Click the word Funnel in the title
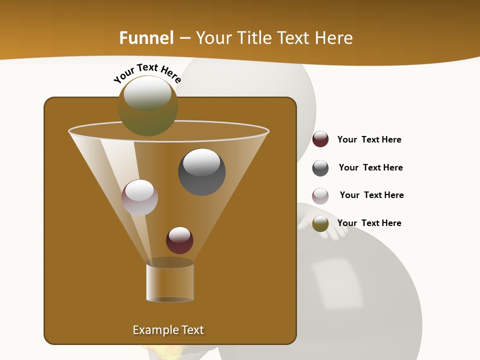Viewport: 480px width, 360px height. tap(146, 38)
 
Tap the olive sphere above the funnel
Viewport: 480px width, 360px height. tap(147, 106)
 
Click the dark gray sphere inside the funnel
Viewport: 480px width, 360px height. tap(201, 171)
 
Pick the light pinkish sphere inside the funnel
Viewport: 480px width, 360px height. tap(139, 197)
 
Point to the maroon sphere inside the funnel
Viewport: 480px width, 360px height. tap(179, 240)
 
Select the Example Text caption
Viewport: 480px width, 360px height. tap(168, 330)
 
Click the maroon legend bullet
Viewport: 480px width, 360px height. tap(320, 139)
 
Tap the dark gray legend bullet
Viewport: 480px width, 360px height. tap(320, 168)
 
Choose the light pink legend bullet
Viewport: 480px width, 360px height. tap(320, 196)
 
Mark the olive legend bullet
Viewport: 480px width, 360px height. tap(320, 223)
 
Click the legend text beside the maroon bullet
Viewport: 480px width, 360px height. tap(369, 140)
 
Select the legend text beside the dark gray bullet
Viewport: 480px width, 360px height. tap(370, 168)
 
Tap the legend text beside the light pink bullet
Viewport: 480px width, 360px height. tap(371, 195)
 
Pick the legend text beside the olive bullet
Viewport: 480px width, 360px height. tap(369, 223)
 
